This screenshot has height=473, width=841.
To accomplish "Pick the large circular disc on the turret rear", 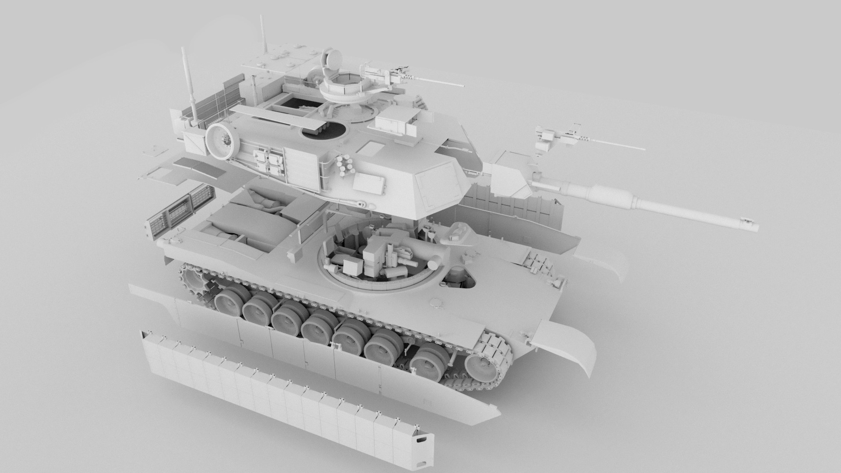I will (x=221, y=140).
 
